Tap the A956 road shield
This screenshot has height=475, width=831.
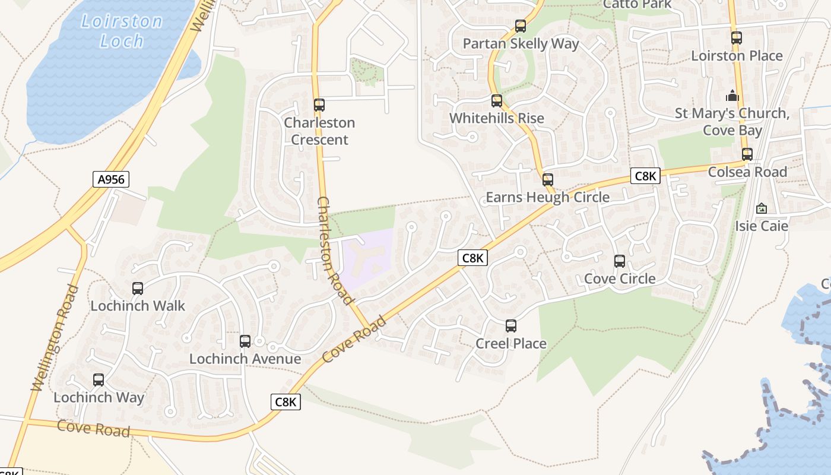pos(111,179)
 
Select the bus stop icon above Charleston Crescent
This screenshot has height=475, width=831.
pos(319,105)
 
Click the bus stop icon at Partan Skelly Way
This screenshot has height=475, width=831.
pos(521,26)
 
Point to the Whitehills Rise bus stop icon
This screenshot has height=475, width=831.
pos(497,101)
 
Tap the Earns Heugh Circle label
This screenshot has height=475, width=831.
pos(547,197)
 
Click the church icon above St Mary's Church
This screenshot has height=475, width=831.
pos(732,96)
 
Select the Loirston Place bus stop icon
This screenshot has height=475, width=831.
pos(737,38)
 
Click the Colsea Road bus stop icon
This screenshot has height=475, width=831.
pos(747,154)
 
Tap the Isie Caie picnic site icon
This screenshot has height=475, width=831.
pos(762,208)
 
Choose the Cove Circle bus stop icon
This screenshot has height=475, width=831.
pos(620,261)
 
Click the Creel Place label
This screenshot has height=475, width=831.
pos(511,343)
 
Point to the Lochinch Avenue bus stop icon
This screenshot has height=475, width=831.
pos(245,341)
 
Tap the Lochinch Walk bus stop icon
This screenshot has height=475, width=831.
pos(138,289)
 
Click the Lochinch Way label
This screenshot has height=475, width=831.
pos(99,397)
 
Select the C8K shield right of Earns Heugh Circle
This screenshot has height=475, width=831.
pos(645,176)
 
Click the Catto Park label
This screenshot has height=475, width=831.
pos(637,4)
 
